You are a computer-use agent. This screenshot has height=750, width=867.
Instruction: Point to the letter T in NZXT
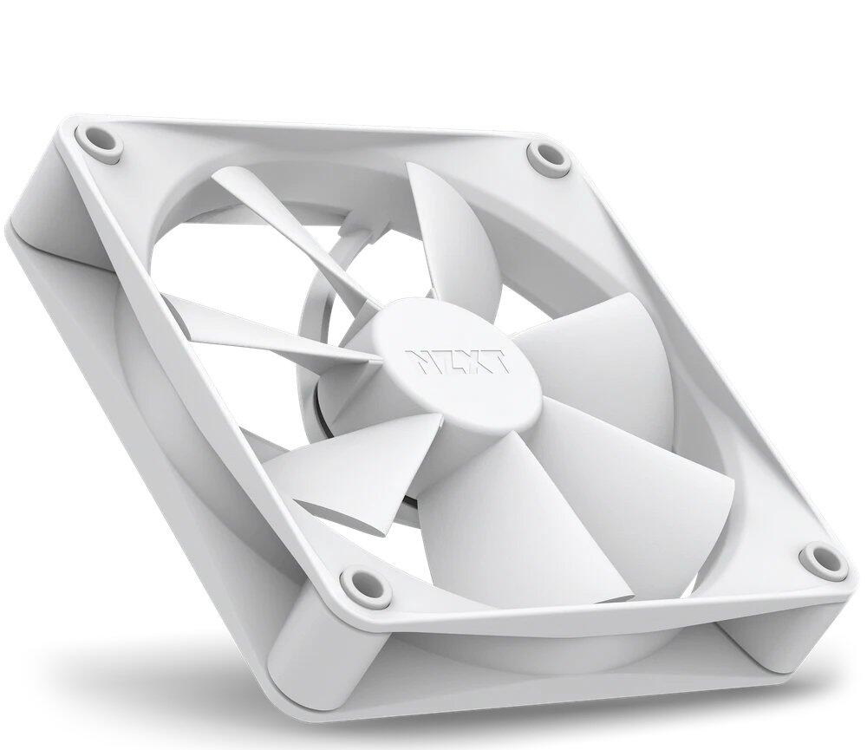(x=498, y=362)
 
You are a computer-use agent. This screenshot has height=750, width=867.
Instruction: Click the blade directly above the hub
(x=455, y=234)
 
